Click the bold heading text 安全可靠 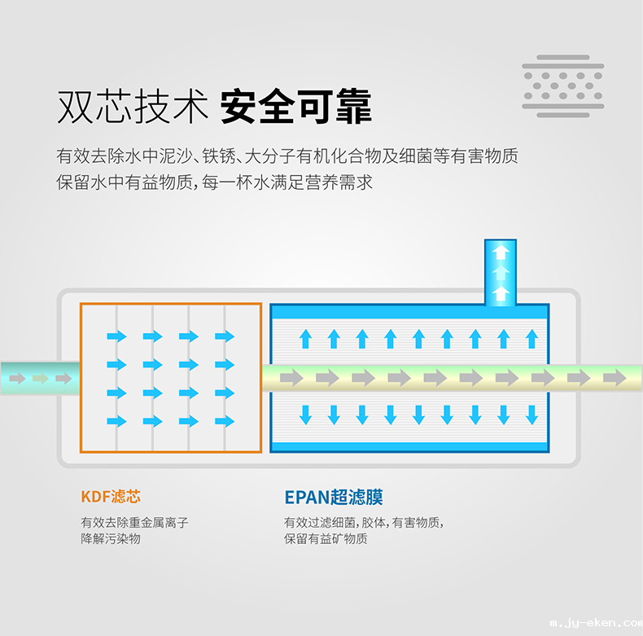pos(295,107)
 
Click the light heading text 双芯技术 pos(133,107)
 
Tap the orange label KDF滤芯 pos(111,496)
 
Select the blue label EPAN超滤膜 pos(334,496)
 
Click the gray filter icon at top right pos(563,86)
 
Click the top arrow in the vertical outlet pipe pos(501,251)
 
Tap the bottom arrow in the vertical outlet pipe pos(501,292)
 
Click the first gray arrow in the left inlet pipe pos(15,378)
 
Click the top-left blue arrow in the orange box pos(116,336)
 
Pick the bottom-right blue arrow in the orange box pos(224,421)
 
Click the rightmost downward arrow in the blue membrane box pos(531,414)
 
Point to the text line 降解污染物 pos(111,539)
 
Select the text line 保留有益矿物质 pos(326,539)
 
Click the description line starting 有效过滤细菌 pos(364,523)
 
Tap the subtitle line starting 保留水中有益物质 pos(215,182)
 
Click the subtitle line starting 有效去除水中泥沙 pos(287,156)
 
